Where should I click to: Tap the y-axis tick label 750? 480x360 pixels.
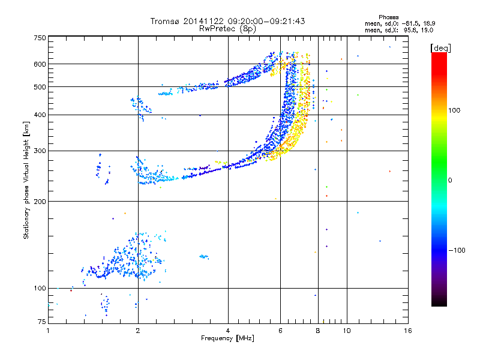click(40, 38)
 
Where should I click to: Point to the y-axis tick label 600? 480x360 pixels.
click(40, 64)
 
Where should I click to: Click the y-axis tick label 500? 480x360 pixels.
click(40, 87)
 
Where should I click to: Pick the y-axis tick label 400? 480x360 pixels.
click(40, 115)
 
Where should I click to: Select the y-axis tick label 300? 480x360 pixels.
click(40, 151)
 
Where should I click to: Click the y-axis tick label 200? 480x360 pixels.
click(40, 202)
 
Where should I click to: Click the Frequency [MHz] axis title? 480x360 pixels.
click(227, 339)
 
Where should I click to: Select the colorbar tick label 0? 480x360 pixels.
click(449, 180)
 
